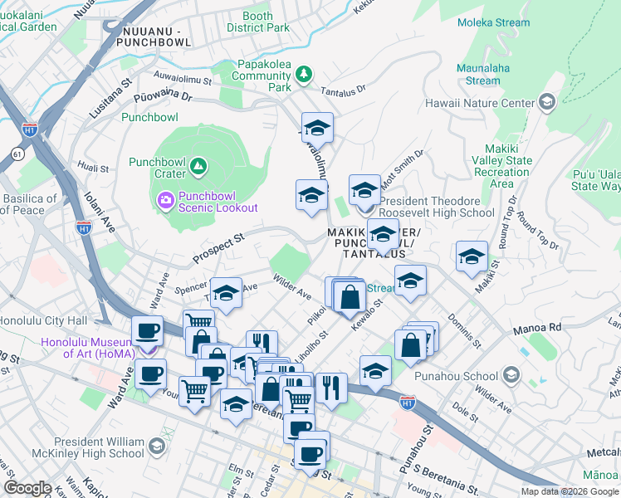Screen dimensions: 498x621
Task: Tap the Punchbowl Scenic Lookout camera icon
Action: (x=165, y=200)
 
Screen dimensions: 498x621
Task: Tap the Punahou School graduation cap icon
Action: (x=511, y=376)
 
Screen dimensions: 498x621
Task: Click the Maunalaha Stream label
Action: (x=482, y=74)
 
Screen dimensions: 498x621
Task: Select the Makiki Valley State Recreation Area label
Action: (x=501, y=166)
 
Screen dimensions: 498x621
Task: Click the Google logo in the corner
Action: (x=27, y=488)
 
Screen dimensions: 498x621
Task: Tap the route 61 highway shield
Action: (x=17, y=154)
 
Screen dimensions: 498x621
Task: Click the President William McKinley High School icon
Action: (x=157, y=448)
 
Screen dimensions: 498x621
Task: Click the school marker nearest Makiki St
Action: (x=472, y=256)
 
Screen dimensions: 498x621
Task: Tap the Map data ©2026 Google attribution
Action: (x=570, y=491)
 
